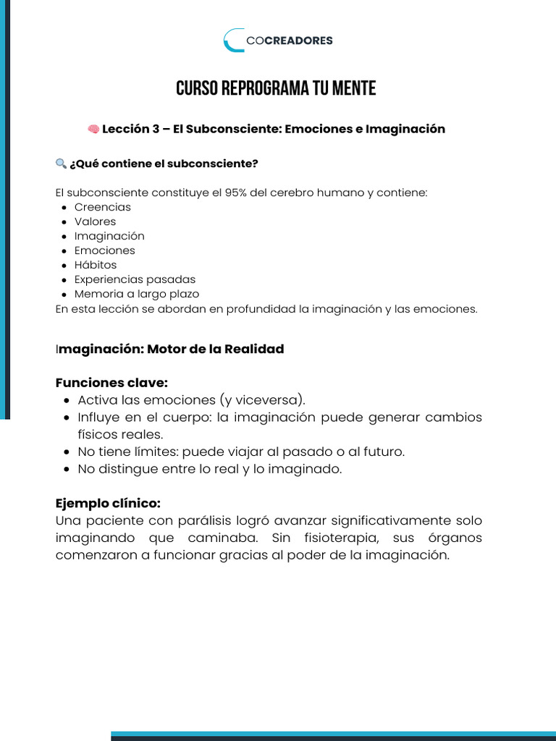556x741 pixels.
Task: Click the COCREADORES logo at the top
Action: (278, 41)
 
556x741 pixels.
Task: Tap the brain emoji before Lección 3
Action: (93, 129)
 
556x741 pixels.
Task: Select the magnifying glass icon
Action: (61, 164)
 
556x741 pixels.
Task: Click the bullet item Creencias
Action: (103, 207)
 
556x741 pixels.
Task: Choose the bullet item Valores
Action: (95, 221)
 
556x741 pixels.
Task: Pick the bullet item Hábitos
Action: (95, 265)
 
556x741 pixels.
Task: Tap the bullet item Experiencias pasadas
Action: (135, 279)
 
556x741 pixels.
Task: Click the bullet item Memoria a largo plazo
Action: (137, 294)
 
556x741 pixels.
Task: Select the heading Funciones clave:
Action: (111, 383)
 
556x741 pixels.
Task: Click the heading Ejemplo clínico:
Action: (108, 503)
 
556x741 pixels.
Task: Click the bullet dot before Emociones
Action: (65, 251)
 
